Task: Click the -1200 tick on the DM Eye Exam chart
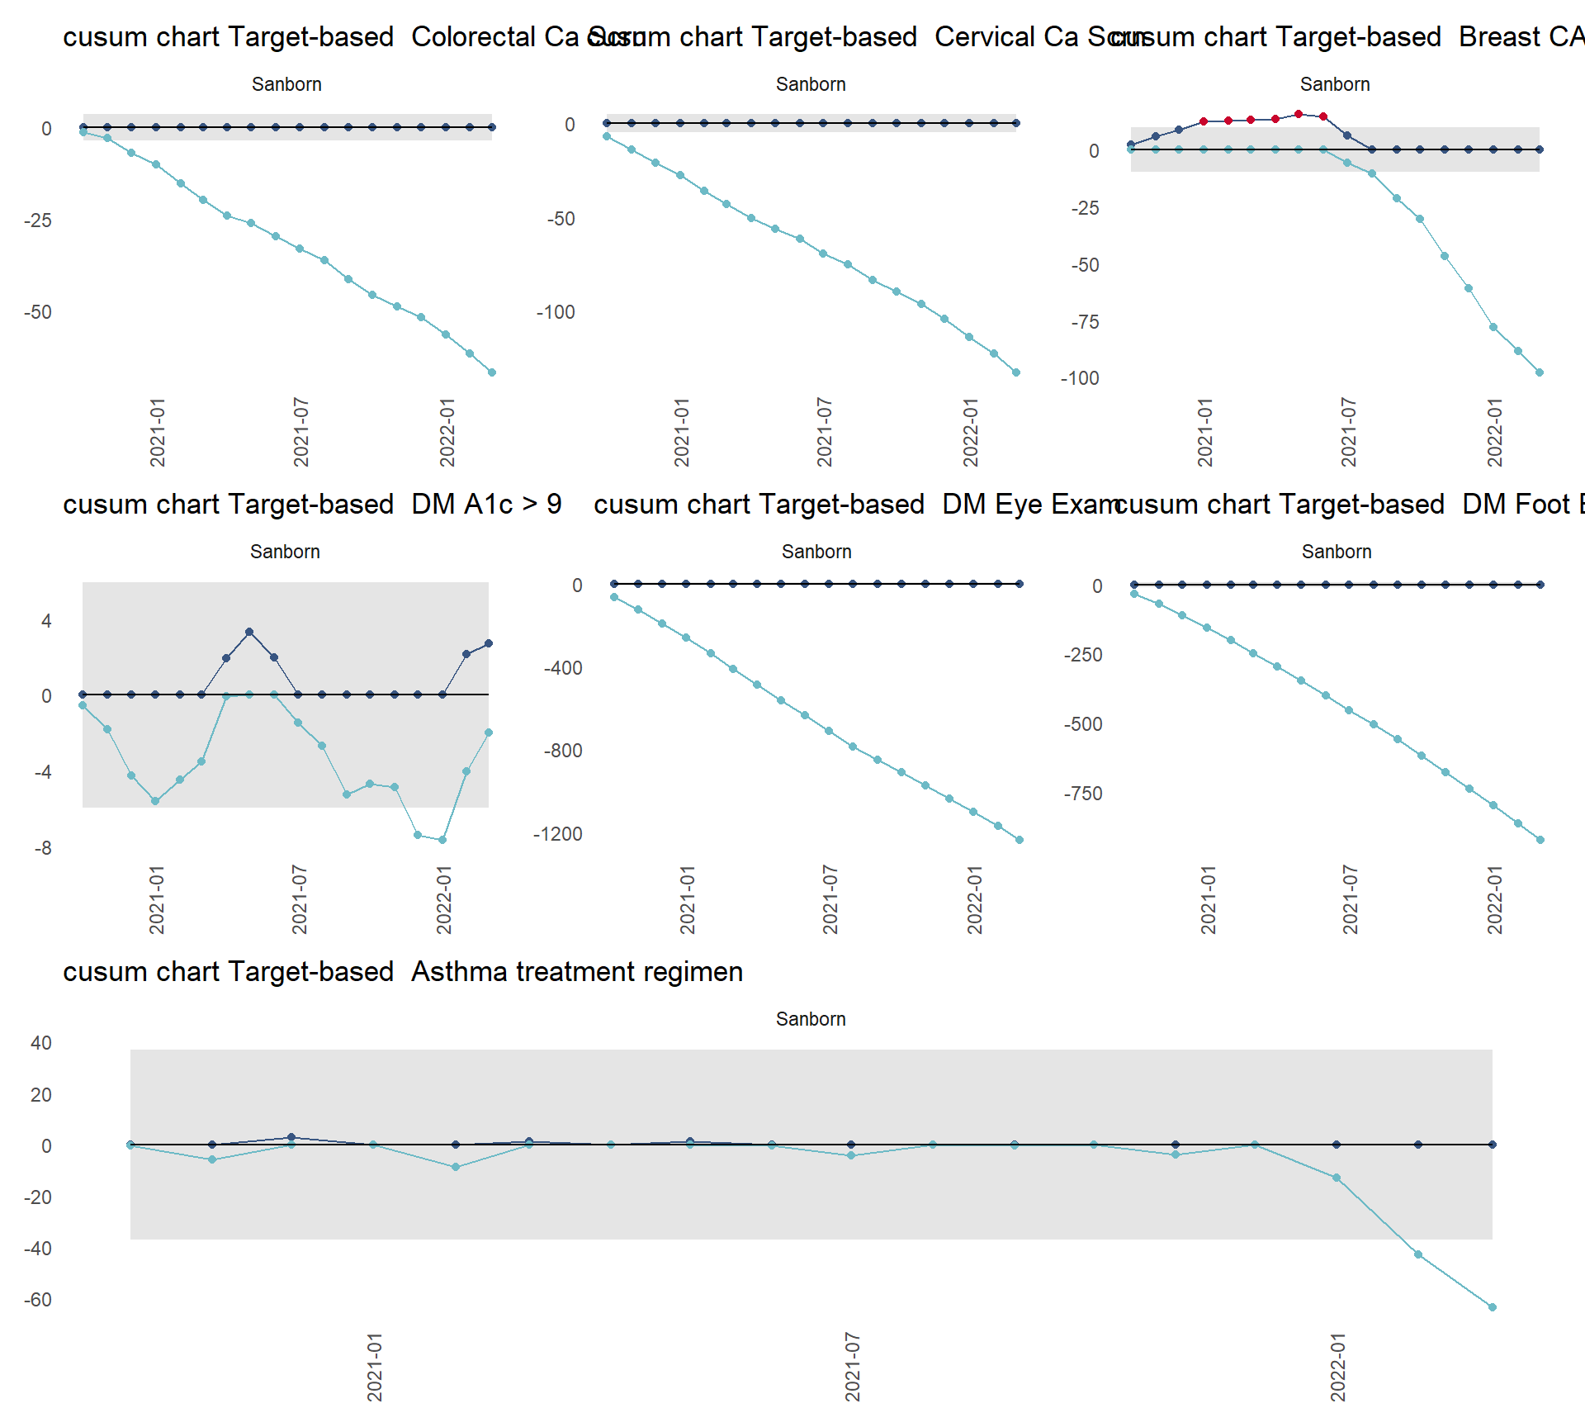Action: click(x=558, y=834)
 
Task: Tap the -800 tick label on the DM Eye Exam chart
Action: click(x=563, y=751)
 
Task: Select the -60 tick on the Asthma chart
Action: click(x=37, y=1300)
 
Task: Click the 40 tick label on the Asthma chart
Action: click(x=41, y=1043)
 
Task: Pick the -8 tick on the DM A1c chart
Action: click(x=42, y=848)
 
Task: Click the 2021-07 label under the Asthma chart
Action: click(x=852, y=1367)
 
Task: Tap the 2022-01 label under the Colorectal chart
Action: click(x=447, y=432)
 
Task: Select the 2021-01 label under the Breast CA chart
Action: click(x=1205, y=432)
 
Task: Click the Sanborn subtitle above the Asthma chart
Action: click(x=811, y=1019)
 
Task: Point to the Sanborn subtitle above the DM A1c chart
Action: click(x=285, y=552)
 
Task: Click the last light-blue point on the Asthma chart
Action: click(x=1492, y=1307)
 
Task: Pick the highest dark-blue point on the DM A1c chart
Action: click(x=249, y=632)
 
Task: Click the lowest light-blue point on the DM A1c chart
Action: click(x=442, y=840)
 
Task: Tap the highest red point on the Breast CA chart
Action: click(x=1299, y=114)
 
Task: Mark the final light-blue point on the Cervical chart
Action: click(x=1016, y=372)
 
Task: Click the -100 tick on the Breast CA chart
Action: click(x=1080, y=378)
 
